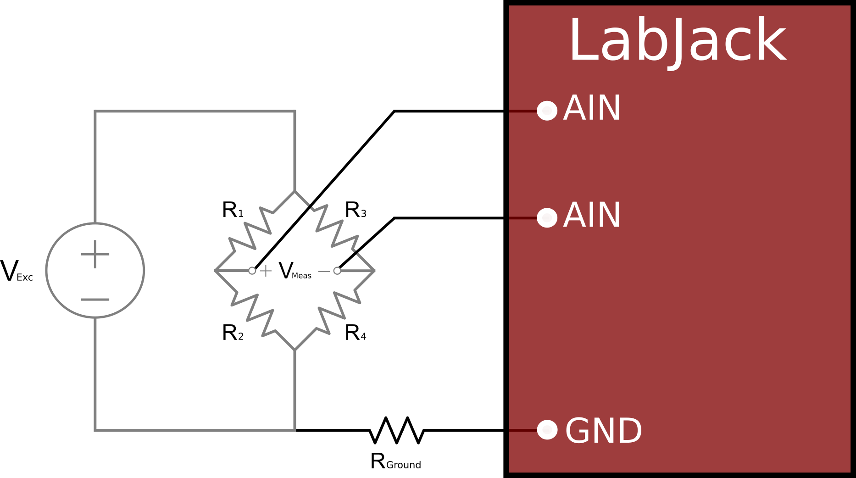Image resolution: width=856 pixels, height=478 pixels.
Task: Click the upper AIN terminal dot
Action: [547, 111]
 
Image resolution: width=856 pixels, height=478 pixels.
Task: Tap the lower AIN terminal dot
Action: [547, 217]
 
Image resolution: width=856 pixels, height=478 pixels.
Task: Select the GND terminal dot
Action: [547, 430]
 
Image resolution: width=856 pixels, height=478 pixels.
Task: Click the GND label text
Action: [603, 431]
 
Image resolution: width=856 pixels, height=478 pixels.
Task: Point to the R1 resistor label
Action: [233, 210]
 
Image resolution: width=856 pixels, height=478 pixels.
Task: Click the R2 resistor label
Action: [233, 333]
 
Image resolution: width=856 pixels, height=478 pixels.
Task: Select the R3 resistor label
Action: [356, 210]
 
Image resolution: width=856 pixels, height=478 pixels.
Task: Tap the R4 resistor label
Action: [356, 333]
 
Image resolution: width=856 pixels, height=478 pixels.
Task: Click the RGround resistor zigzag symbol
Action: [396, 430]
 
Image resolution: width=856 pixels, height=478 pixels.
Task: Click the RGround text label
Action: [395, 461]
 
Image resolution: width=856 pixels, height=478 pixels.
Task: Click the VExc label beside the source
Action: [17, 271]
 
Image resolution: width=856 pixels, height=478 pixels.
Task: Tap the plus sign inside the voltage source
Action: [95, 254]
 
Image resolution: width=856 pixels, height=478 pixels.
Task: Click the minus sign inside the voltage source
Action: [95, 300]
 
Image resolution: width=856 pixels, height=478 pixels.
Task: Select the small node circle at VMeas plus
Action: [252, 271]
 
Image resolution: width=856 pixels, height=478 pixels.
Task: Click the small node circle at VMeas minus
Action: [337, 271]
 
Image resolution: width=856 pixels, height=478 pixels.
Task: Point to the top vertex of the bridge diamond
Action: [295, 191]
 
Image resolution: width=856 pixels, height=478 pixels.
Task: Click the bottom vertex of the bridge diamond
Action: [295, 350]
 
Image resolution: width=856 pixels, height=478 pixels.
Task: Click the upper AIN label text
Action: [592, 108]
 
